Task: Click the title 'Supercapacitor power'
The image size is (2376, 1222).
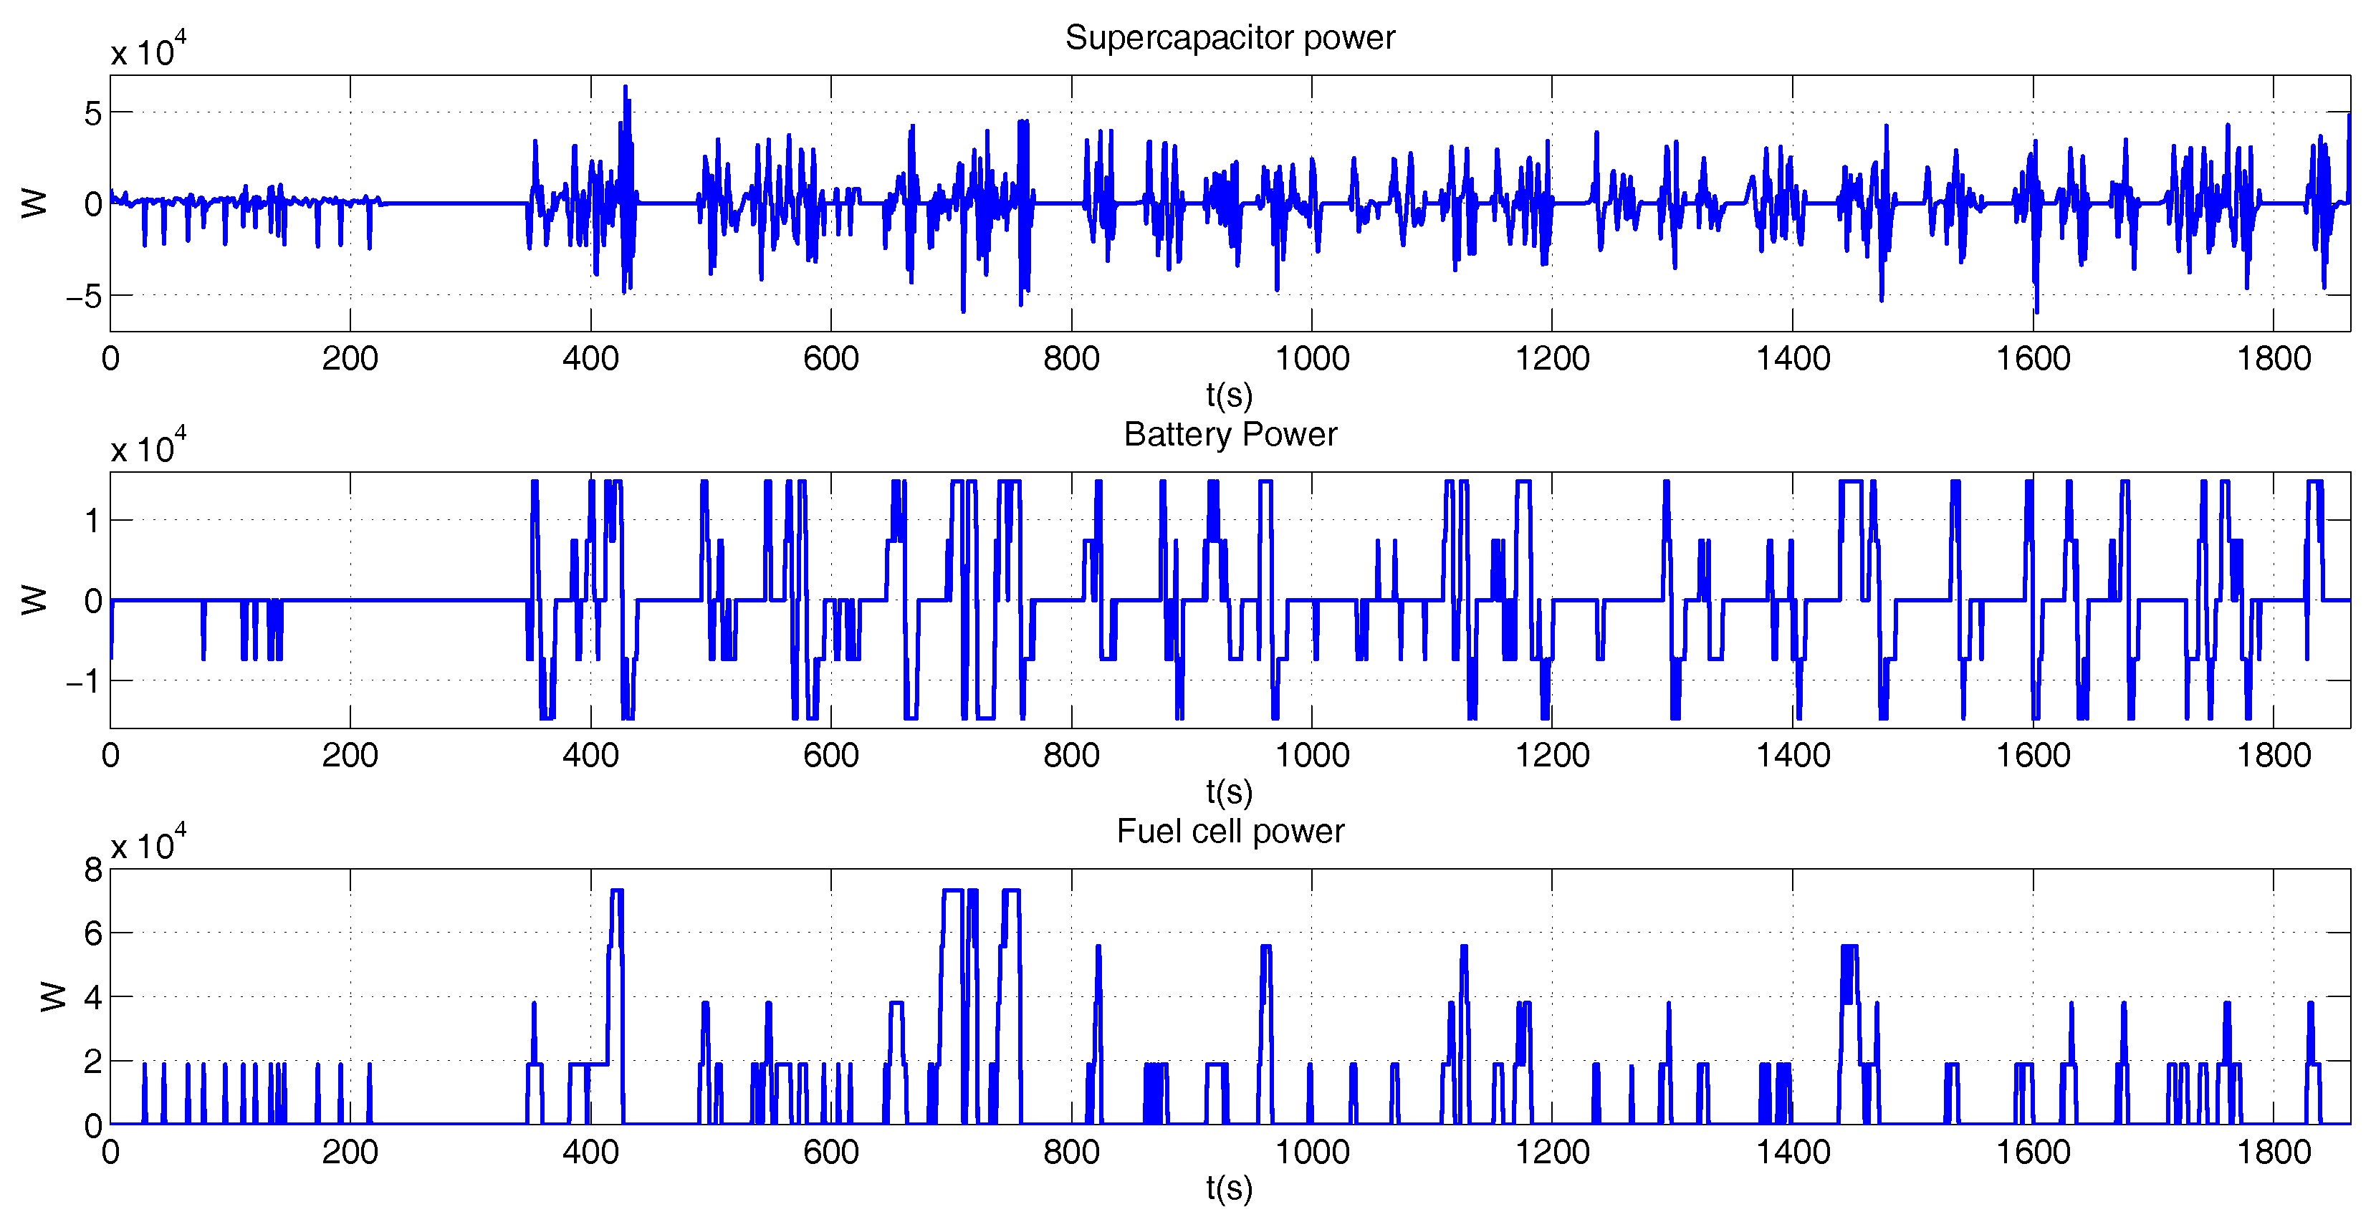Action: point(1230,38)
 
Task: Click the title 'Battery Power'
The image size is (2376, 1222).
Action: point(1230,434)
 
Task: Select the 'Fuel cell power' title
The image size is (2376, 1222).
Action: point(1230,831)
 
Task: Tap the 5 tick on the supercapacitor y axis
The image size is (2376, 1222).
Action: point(93,113)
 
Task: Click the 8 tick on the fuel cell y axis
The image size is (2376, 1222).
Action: point(93,870)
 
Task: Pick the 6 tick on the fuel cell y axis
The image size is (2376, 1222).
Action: point(93,933)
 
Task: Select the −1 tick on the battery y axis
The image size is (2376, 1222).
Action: point(84,681)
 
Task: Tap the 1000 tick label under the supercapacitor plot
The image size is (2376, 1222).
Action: point(1311,359)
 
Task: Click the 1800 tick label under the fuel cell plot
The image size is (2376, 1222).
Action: point(2274,1152)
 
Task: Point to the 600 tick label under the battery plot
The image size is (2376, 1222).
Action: point(830,756)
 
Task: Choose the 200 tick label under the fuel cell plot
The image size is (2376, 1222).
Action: point(350,1152)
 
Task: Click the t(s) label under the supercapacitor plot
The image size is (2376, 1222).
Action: point(1230,395)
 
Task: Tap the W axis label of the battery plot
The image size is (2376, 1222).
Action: point(34,600)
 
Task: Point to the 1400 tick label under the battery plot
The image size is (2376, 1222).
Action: point(1792,756)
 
